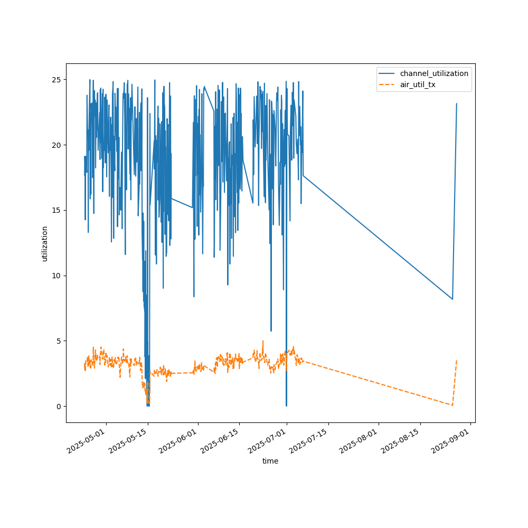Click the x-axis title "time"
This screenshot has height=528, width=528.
click(270, 461)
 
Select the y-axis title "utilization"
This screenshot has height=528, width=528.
click(45, 243)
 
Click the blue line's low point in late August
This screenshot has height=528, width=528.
click(452, 299)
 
